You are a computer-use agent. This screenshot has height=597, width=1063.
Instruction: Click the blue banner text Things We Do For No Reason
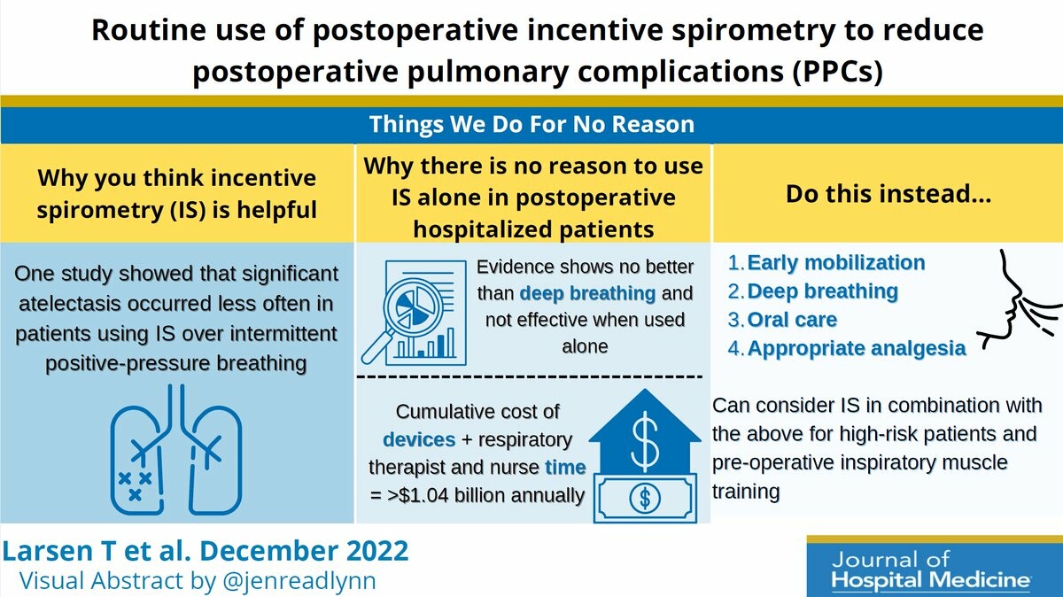tap(531, 124)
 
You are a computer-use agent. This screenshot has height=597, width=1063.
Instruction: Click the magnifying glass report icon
tap(414, 314)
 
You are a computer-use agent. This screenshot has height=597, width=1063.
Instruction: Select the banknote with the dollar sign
tap(645, 499)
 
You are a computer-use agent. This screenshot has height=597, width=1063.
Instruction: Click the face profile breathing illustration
tap(1020, 301)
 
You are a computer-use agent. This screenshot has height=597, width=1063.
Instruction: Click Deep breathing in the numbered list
tap(822, 291)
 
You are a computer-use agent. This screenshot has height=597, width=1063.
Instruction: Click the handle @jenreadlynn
tap(299, 580)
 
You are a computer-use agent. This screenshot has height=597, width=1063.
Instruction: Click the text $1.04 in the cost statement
tap(423, 495)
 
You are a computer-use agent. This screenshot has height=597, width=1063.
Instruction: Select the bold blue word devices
tap(419, 440)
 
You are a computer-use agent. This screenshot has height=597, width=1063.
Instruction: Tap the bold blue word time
tap(565, 468)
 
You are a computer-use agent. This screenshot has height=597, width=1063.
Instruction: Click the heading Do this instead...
tap(888, 194)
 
